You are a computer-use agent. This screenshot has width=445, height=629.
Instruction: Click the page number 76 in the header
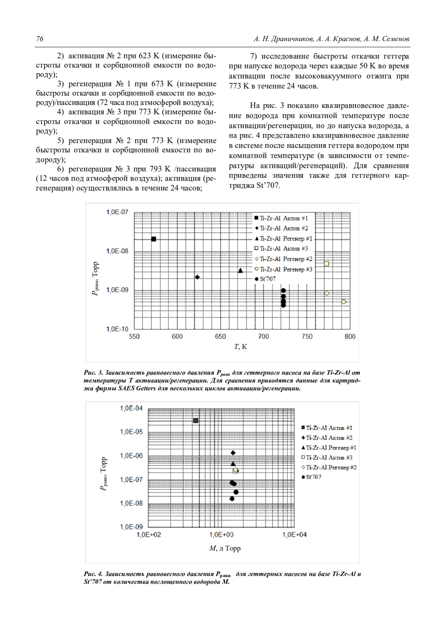(x=40, y=39)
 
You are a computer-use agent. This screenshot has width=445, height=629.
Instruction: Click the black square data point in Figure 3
(x=154, y=239)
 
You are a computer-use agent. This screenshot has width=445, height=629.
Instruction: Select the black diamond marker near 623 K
(x=197, y=277)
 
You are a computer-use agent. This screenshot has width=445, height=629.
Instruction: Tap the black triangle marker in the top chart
(x=240, y=270)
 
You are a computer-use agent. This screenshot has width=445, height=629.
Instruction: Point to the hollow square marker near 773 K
(x=327, y=264)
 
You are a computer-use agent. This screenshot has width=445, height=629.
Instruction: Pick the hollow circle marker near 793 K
(x=344, y=302)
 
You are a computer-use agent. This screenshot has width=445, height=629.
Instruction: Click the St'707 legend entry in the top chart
(x=268, y=279)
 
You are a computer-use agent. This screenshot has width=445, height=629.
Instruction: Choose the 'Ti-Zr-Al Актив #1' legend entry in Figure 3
(x=284, y=218)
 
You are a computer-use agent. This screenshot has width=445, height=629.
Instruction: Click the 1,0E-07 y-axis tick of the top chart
(x=117, y=212)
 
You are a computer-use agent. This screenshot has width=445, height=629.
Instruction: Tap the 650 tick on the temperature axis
(x=220, y=336)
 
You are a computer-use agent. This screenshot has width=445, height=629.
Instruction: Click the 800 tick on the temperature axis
(x=350, y=336)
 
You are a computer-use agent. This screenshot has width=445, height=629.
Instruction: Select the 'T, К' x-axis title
(x=240, y=347)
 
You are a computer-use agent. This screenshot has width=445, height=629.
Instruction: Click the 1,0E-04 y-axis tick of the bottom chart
(x=131, y=408)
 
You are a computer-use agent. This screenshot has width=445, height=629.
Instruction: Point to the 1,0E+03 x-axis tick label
(x=221, y=535)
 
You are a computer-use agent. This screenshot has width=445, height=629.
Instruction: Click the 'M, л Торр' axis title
(x=225, y=548)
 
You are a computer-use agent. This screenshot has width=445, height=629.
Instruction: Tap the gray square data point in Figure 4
(x=196, y=420)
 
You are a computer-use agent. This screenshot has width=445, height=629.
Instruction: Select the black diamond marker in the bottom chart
(x=233, y=453)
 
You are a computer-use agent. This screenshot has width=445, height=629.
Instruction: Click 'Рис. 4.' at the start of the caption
(x=93, y=574)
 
